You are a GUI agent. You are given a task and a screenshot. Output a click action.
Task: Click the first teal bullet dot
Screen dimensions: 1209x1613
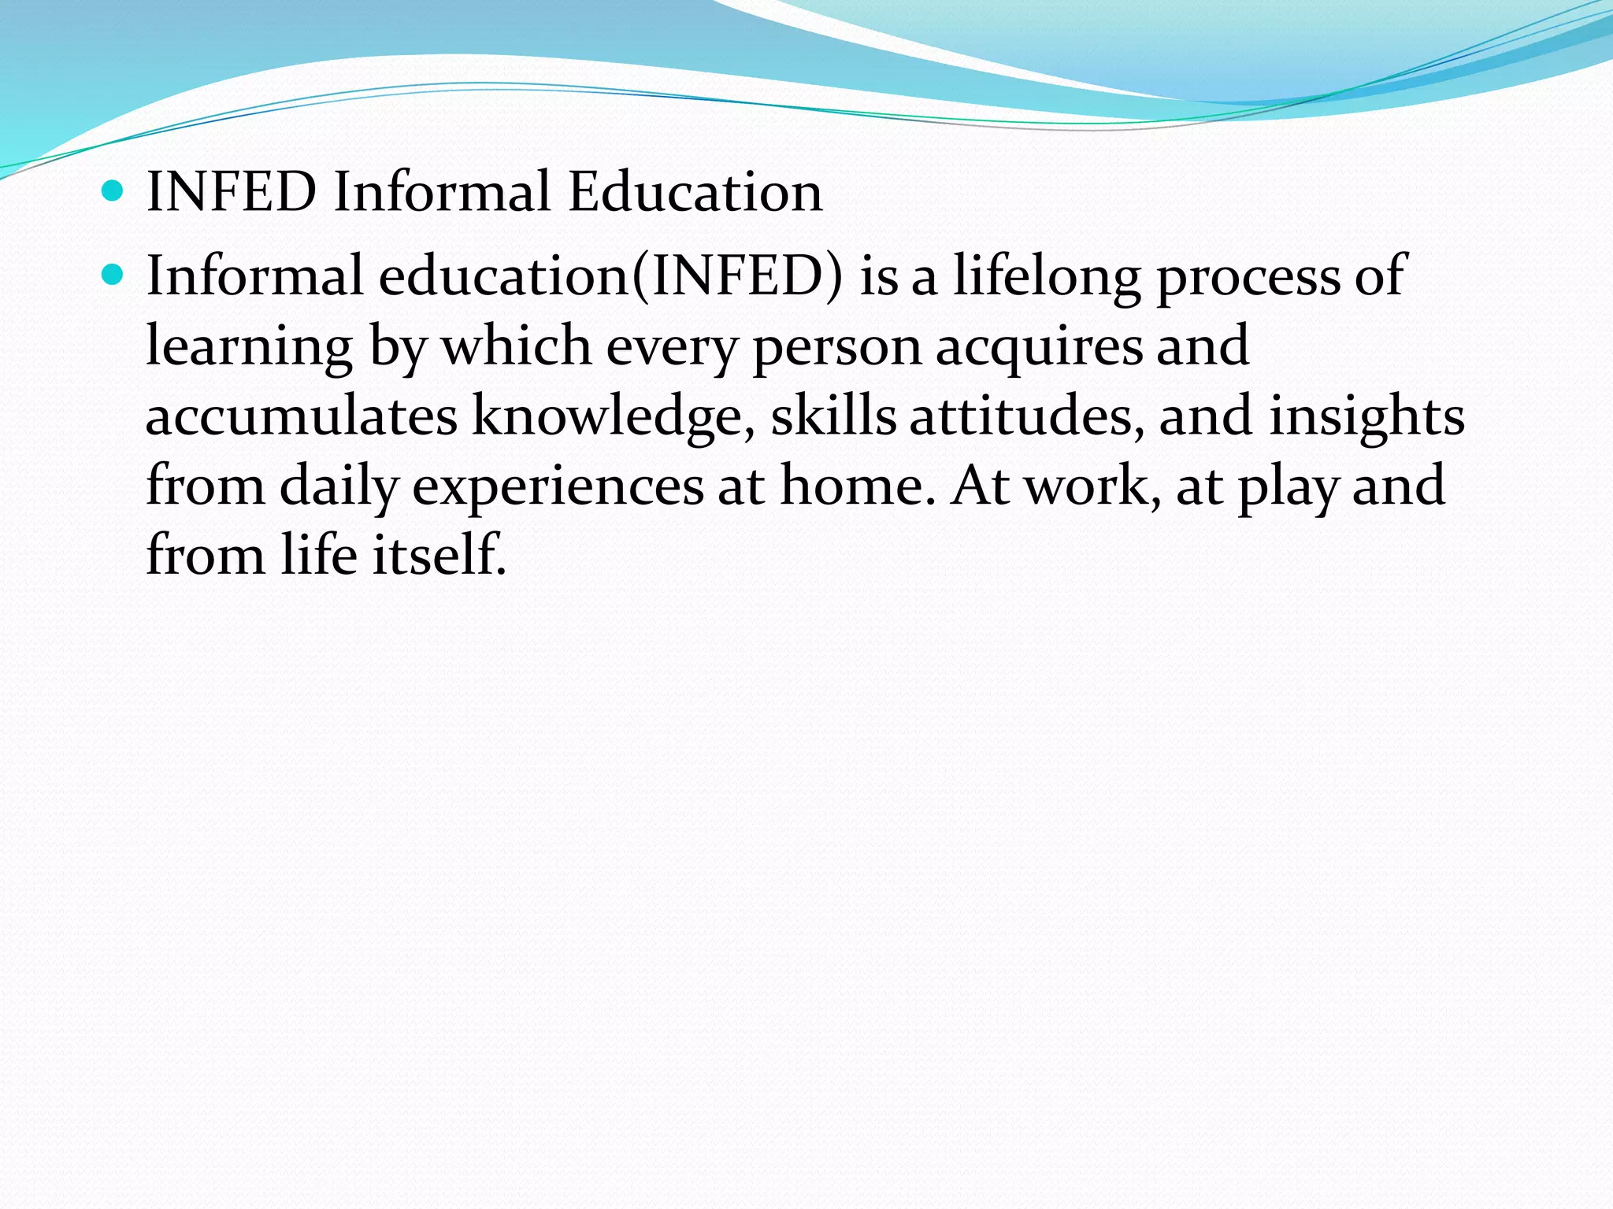tap(113, 190)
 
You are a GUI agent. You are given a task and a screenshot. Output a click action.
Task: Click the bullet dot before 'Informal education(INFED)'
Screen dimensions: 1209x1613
tap(113, 275)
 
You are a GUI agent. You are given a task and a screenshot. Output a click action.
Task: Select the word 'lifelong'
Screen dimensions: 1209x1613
tap(1047, 276)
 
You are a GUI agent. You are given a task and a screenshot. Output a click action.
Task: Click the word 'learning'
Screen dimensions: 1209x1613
tap(250, 347)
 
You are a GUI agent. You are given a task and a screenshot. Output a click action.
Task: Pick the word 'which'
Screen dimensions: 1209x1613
tap(517, 346)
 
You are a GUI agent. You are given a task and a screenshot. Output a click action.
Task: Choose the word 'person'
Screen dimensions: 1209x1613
tap(837, 347)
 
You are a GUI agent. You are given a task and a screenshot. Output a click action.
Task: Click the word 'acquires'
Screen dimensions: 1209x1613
tap(1039, 347)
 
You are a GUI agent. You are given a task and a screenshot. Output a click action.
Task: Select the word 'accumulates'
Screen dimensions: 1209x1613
tap(302, 416)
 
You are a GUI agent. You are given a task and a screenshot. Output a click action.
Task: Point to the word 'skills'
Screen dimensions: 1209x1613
tap(833, 415)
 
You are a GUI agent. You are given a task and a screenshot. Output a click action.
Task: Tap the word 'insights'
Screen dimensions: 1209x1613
tap(1366, 416)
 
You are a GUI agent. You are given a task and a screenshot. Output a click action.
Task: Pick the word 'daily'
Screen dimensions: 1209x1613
tap(339, 486)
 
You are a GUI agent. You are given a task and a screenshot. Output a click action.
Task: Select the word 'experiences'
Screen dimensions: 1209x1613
tap(558, 486)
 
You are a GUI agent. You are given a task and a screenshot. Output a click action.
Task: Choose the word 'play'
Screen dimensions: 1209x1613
tap(1289, 486)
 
